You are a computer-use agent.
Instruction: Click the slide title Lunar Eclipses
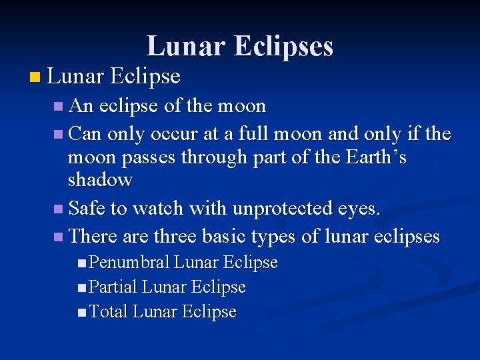coord(240,46)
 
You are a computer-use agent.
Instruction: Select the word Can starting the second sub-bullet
coord(85,134)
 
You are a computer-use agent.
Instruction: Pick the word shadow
coord(100,180)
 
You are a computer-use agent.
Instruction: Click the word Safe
coord(88,209)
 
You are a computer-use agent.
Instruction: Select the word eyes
coord(358,209)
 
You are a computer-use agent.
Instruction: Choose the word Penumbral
coord(129,263)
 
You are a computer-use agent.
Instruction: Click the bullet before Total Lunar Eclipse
coord(81,312)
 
